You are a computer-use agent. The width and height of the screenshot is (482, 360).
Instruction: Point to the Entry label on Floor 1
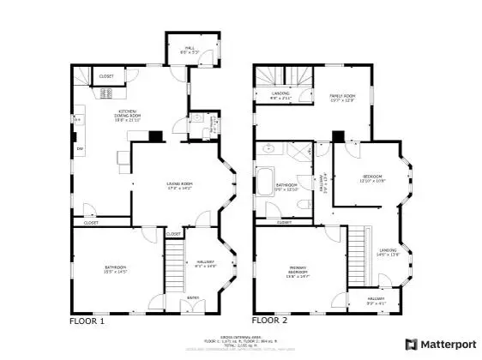point(193,298)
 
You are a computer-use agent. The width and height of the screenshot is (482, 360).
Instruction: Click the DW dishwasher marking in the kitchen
point(79,149)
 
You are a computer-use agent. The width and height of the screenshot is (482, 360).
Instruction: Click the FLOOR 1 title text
point(87,321)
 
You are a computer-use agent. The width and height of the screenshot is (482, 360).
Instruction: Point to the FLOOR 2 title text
point(271,321)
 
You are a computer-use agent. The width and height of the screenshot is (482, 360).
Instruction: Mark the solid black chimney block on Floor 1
point(155,135)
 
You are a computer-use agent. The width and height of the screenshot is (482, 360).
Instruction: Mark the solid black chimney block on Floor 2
point(338,135)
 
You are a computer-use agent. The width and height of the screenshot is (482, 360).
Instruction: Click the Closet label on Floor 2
point(284,222)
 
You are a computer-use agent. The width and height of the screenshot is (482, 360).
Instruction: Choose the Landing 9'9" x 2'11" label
point(281,95)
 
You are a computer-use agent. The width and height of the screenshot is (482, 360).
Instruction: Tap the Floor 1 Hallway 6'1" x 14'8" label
point(205,264)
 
